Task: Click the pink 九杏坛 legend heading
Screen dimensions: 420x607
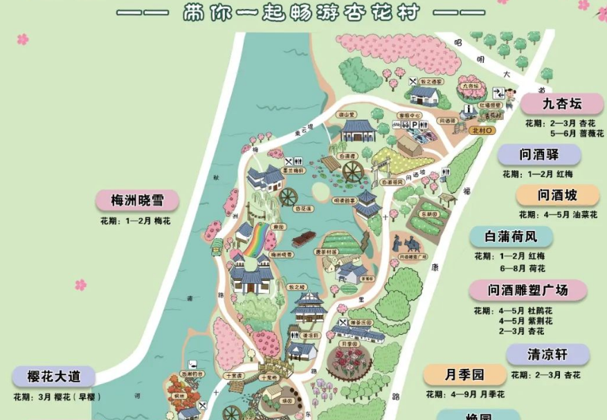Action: pyautogui.click(x=561, y=104)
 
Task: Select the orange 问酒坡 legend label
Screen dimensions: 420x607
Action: pyautogui.click(x=557, y=195)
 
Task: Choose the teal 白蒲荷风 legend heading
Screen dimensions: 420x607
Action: pyautogui.click(x=511, y=237)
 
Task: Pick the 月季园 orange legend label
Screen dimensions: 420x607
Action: pyautogui.click(x=464, y=375)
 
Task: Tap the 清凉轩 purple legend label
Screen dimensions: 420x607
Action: pyautogui.click(x=547, y=355)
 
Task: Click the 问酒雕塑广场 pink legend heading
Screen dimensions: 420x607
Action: pyautogui.click(x=527, y=290)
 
